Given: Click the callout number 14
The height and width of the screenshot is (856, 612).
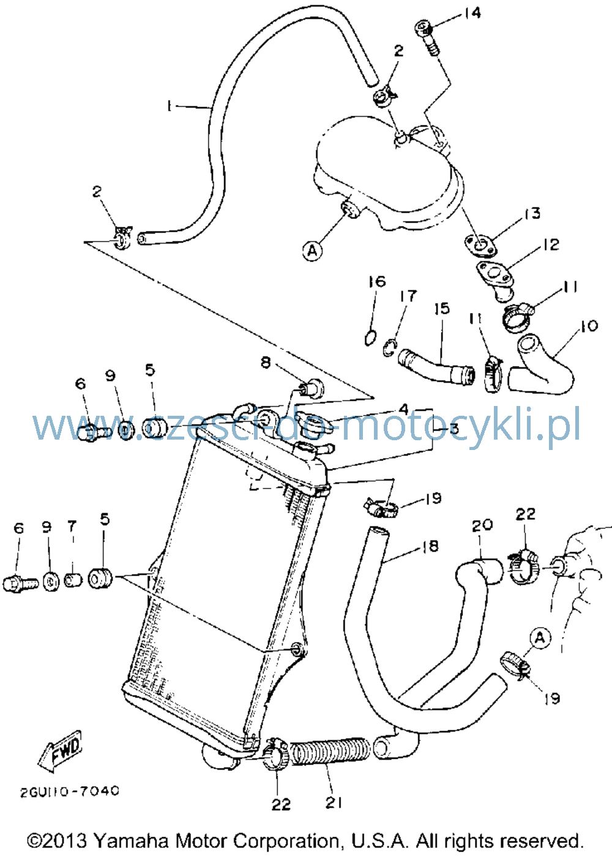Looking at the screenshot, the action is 472,13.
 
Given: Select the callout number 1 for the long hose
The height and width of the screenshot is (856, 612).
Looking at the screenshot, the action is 168,106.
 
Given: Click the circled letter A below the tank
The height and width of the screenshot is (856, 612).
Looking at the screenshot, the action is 313,251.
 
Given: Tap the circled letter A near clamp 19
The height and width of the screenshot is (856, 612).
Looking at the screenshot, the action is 540,638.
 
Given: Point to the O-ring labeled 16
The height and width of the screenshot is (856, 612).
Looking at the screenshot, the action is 370,338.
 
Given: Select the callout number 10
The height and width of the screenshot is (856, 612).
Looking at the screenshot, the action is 589,326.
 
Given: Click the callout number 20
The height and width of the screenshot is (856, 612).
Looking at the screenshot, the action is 482,525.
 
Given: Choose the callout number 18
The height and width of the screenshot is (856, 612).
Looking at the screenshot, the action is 430,546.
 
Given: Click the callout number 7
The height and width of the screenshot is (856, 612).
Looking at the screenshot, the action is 73,526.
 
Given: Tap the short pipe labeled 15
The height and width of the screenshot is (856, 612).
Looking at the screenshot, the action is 436,366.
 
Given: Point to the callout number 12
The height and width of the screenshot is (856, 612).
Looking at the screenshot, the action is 551,245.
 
